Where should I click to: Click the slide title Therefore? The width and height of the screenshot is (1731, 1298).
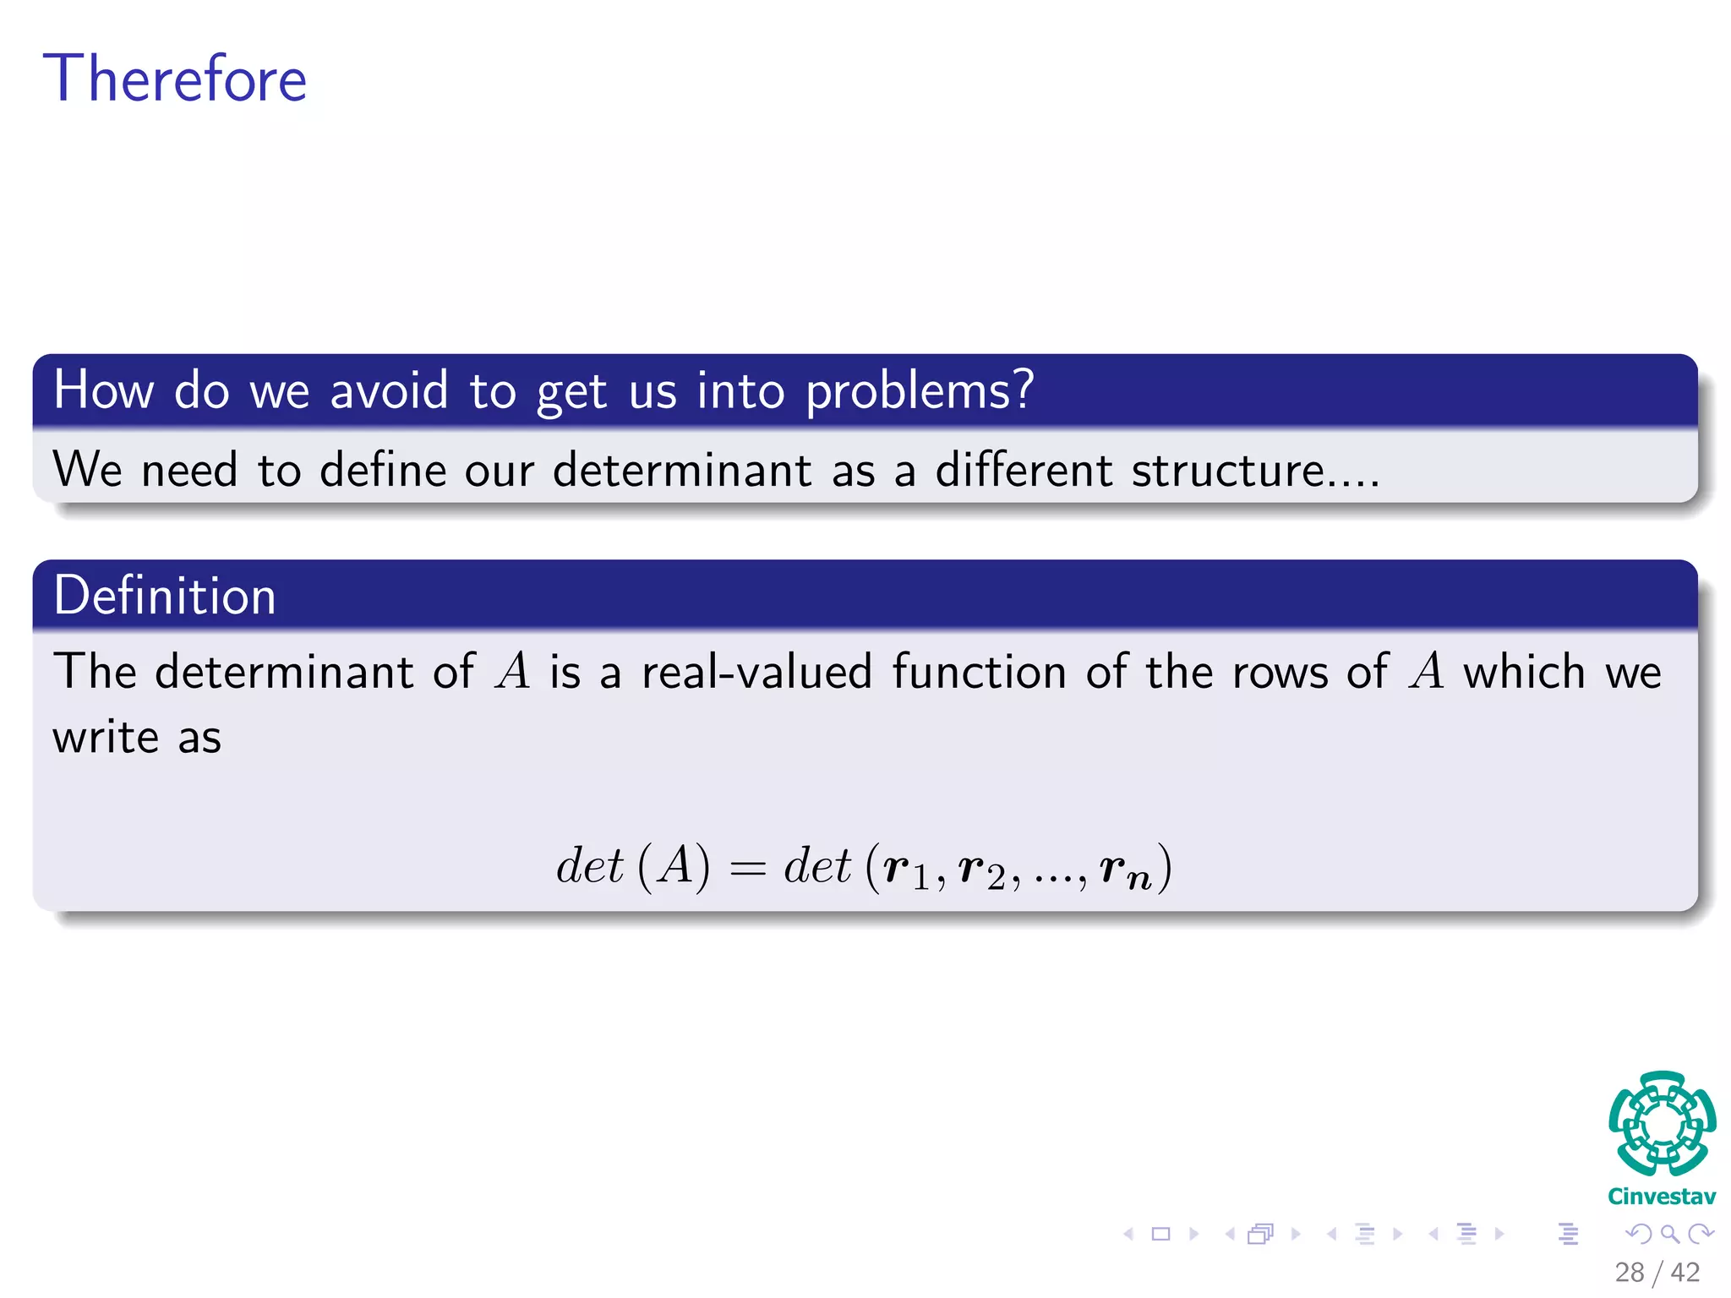click(175, 79)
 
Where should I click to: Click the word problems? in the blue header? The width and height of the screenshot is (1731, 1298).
click(920, 391)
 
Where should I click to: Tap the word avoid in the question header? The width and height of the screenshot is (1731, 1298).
click(389, 391)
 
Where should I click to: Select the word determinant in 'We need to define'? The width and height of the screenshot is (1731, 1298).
click(681, 470)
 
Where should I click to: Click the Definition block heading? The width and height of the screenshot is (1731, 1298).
click(165, 596)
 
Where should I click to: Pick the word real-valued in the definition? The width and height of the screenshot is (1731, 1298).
click(756, 673)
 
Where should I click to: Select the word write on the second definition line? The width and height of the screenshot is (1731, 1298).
click(106, 738)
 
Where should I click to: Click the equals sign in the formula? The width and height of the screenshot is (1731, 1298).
click(747, 869)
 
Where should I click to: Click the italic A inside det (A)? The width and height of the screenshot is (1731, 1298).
click(674, 866)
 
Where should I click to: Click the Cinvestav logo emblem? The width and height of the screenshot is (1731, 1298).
click(1662, 1124)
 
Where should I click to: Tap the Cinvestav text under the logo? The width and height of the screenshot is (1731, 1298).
click(1662, 1197)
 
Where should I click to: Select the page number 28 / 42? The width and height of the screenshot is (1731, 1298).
click(1657, 1273)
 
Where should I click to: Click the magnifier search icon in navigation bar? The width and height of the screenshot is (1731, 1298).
click(1669, 1235)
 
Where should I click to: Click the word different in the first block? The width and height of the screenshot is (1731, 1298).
click(1023, 470)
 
